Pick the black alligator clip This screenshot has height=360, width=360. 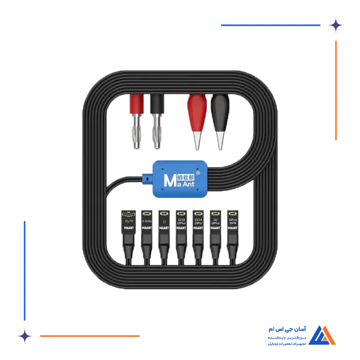(x=220, y=116)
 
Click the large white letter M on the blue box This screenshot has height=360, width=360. (x=169, y=180)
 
